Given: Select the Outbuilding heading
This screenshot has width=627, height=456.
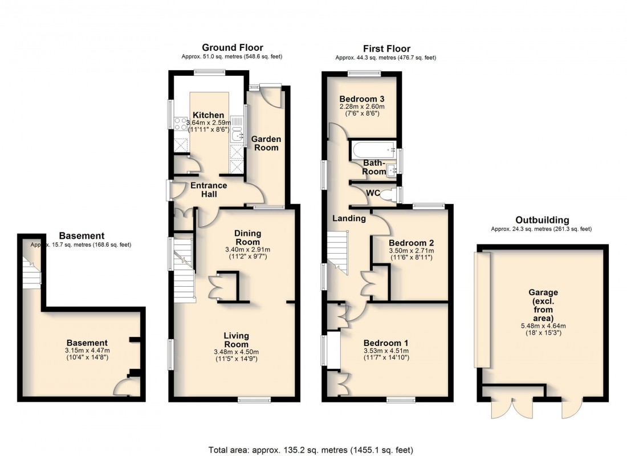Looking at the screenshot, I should coord(541,220).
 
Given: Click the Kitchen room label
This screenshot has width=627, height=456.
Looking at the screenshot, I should coord(207,115).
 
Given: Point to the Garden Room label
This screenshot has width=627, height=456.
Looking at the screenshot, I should coord(266,143).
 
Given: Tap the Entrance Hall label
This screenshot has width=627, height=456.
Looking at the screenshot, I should coord(208,190).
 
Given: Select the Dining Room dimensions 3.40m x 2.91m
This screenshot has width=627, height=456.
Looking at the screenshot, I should coord(248,249).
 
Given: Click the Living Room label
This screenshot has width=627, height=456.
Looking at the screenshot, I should coord(236,340).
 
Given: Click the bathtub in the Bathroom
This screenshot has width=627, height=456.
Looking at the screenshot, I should coord(374,150).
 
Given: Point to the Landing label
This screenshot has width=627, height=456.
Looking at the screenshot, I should coord(349,218).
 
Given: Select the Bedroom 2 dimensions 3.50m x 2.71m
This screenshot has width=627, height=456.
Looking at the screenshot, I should coord(410,251).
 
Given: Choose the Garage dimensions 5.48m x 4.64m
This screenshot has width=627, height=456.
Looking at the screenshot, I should coord(539,325).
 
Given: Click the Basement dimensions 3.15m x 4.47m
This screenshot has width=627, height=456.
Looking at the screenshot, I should coord(86,350).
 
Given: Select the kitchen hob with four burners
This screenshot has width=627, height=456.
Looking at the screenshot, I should coord(181,124).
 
